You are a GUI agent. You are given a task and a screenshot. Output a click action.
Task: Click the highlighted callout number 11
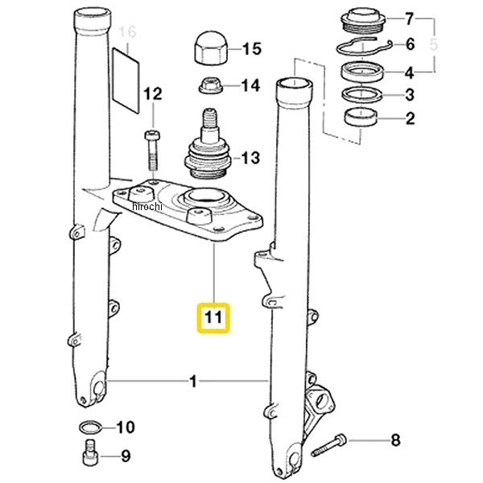(213, 318)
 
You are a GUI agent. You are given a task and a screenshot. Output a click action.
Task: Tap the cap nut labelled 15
(211, 47)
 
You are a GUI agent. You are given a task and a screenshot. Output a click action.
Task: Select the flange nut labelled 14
(211, 85)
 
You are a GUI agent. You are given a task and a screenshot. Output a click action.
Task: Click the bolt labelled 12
(152, 151)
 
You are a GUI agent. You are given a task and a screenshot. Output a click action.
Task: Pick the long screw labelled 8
(328, 445)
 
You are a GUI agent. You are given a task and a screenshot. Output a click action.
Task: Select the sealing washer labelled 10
(90, 427)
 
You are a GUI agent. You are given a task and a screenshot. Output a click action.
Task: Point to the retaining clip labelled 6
(363, 46)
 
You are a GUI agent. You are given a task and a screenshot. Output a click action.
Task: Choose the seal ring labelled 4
(364, 72)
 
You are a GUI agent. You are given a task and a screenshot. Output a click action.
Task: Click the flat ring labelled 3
(362, 94)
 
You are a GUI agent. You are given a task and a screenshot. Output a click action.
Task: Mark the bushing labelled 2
(361, 117)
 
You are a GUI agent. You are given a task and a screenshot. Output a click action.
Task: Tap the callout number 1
(193, 382)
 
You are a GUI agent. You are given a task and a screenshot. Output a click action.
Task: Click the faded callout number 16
(127, 31)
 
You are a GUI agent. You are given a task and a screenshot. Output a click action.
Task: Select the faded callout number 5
(433, 45)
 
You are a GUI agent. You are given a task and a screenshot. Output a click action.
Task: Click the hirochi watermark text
(147, 206)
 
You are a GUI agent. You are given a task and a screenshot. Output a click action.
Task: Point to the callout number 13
(250, 158)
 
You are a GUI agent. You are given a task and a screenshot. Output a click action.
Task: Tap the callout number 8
(395, 440)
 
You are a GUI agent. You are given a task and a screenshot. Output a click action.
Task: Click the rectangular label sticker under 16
(126, 80)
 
